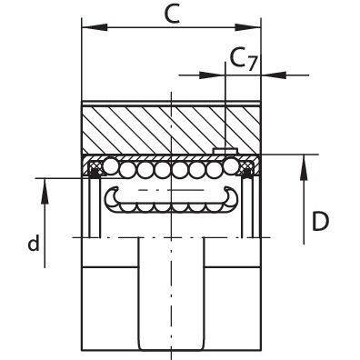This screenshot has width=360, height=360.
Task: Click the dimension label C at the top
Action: tap(172, 14)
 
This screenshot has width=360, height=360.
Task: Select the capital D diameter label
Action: tap(320, 222)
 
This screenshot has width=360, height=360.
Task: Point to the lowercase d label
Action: tap(34, 243)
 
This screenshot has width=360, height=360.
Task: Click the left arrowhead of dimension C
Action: tap(95, 27)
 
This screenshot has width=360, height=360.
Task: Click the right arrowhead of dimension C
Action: tap(248, 27)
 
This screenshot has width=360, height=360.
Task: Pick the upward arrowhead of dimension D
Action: tap(304, 167)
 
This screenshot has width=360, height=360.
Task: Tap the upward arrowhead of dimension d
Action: tap(45, 191)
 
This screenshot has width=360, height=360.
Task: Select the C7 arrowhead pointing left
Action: tap(274, 75)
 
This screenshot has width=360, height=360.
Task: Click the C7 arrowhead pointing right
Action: tap(212, 75)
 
